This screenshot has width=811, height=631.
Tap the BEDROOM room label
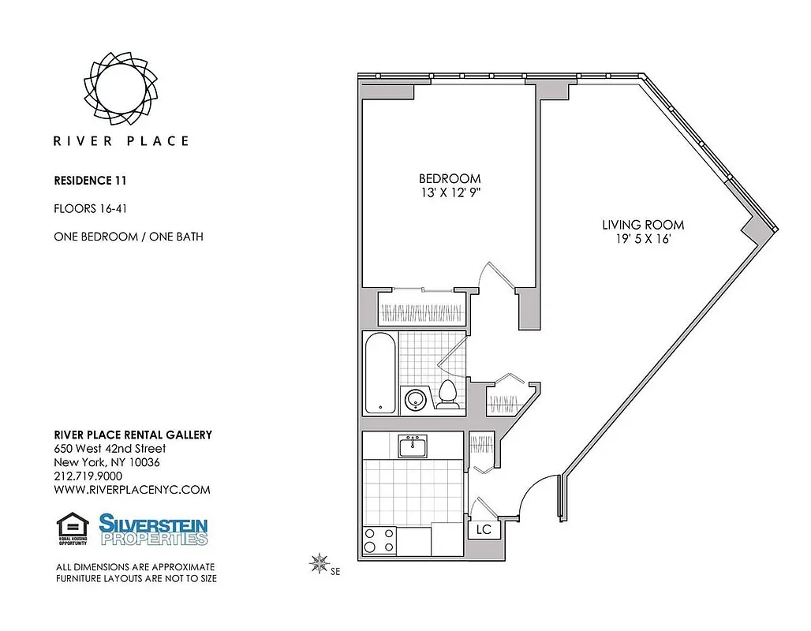click(449, 178)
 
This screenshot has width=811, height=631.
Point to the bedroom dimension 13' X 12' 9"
click(449, 193)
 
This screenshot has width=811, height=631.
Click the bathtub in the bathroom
click(379, 372)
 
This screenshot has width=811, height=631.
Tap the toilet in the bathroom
click(447, 394)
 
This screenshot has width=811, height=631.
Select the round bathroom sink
click(415, 400)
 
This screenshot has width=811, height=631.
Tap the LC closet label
click(484, 529)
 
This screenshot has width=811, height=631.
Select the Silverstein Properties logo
click(153, 529)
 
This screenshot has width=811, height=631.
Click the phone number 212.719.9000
click(88, 476)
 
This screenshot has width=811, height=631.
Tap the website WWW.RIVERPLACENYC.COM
click(132, 489)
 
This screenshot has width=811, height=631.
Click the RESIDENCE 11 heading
click(90, 180)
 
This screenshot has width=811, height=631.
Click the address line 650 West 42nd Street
click(110, 448)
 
